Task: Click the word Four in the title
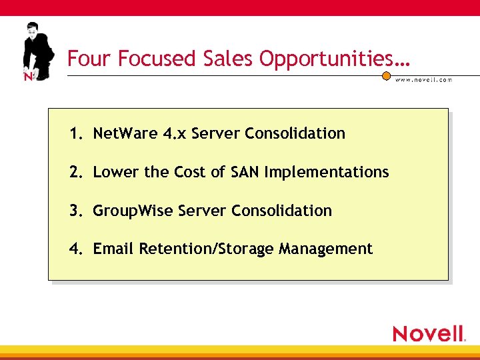point(90,59)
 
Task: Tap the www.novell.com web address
point(423,79)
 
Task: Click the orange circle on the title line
point(386,75)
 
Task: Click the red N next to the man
point(28,76)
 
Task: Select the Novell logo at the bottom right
point(429,333)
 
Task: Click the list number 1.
point(75,133)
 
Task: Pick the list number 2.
point(75,172)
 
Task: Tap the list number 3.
point(75,211)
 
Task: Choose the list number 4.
point(75,249)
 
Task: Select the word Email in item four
point(114,249)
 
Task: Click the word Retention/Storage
point(207,249)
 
